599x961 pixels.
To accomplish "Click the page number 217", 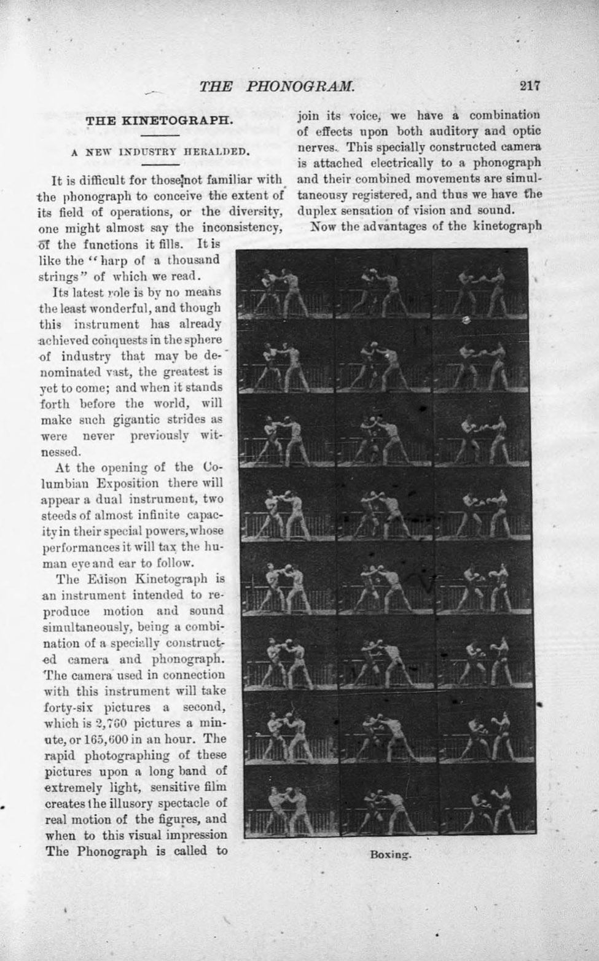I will [x=529, y=86].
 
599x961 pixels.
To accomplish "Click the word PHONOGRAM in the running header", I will [x=300, y=87].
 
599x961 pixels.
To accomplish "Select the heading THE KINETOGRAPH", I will [x=160, y=120].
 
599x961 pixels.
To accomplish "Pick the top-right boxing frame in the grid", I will [x=480, y=284].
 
